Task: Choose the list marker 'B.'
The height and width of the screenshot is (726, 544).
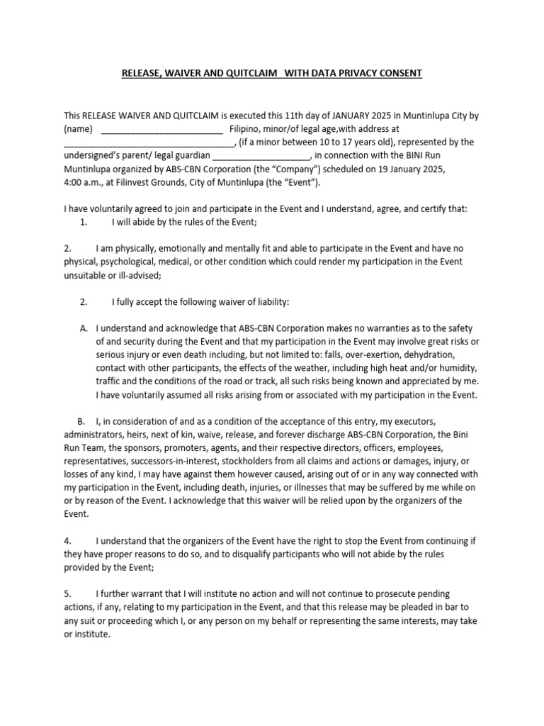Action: pos(81,420)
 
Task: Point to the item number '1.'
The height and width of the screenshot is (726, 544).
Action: pos(84,222)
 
